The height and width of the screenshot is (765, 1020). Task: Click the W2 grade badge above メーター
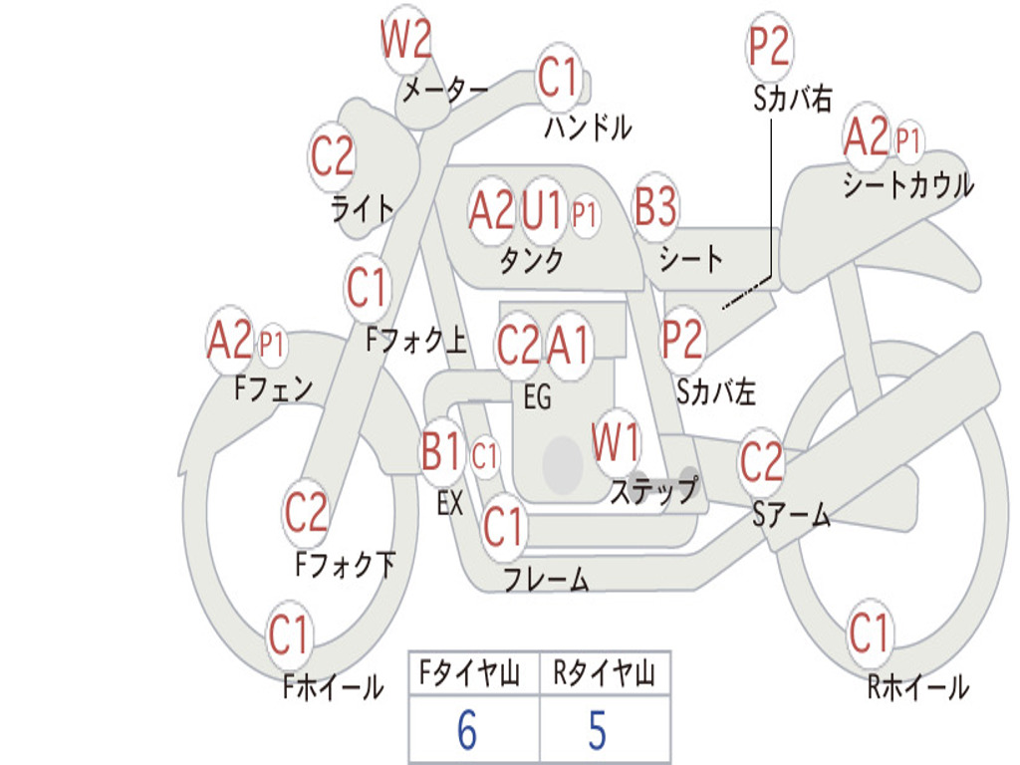(x=406, y=40)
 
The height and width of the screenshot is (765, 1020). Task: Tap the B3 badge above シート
(x=655, y=207)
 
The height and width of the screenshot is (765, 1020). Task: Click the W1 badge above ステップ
(x=615, y=441)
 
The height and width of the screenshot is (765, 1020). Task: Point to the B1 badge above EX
(x=441, y=451)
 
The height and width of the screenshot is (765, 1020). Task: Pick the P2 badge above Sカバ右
(x=769, y=46)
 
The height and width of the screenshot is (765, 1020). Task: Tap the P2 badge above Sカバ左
(x=682, y=340)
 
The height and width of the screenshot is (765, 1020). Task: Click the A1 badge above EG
(x=568, y=344)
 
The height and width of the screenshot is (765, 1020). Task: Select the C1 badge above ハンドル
(x=558, y=78)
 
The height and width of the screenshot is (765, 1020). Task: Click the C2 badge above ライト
(x=332, y=156)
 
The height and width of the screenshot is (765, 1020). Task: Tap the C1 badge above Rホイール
(x=869, y=633)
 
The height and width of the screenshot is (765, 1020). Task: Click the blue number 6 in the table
(x=467, y=730)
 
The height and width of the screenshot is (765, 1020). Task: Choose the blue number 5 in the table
(x=598, y=730)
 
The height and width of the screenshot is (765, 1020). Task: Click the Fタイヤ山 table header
(x=469, y=673)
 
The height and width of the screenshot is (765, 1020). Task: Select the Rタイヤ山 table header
(x=604, y=673)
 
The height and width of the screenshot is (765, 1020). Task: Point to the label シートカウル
(x=908, y=184)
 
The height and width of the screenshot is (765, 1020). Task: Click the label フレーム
(x=547, y=579)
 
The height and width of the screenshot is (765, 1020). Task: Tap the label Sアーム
(x=791, y=514)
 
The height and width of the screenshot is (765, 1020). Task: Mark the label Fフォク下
(x=346, y=564)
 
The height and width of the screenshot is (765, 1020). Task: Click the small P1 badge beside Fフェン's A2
(x=272, y=344)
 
